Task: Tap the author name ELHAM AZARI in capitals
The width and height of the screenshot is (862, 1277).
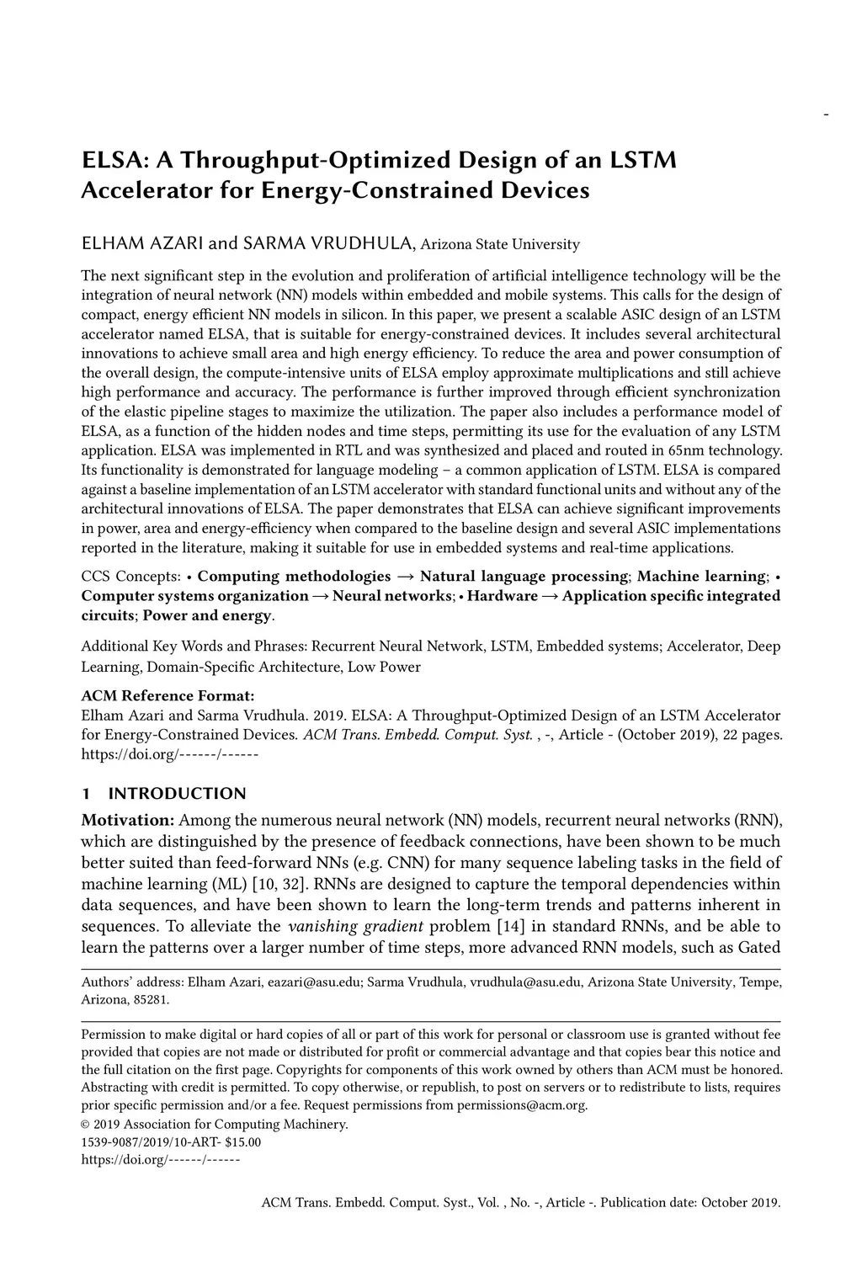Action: (142, 244)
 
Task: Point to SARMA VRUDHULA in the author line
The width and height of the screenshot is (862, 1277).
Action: (327, 244)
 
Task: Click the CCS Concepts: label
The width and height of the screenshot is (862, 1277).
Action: (130, 577)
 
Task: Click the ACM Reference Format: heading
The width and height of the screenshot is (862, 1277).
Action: (168, 696)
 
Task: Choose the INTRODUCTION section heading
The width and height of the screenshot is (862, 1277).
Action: (177, 794)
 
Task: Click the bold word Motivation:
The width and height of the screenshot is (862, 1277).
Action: (127, 820)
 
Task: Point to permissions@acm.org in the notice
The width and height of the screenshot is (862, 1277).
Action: (522, 1105)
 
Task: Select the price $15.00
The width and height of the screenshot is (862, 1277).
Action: (242, 1142)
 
